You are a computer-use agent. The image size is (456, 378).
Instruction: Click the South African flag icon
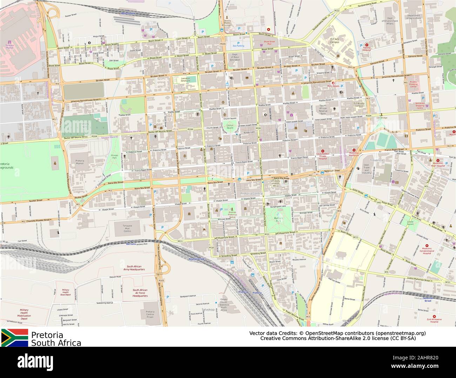15,338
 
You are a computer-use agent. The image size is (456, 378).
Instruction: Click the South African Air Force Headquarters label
140,293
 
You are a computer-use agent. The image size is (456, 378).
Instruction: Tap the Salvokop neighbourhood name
208,310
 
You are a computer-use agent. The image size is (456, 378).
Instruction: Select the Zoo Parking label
238,46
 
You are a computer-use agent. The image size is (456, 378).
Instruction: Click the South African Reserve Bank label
323,110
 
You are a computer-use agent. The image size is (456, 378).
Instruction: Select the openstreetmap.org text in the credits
401,333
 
